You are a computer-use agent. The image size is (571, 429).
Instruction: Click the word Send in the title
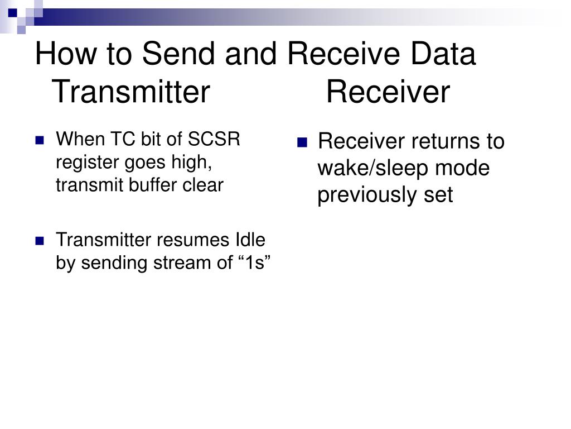click(x=178, y=53)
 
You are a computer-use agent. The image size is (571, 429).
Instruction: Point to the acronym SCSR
click(x=214, y=139)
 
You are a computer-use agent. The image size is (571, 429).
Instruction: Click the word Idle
click(x=250, y=240)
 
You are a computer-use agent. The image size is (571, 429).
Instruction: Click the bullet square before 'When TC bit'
click(x=40, y=140)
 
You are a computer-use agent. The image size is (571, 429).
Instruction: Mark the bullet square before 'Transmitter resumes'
click(x=40, y=241)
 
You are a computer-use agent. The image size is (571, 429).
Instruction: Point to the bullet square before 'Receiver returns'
click(x=302, y=142)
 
